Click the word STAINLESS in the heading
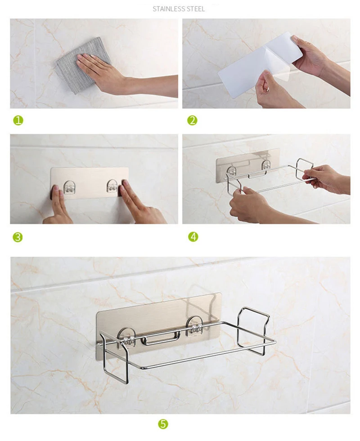click(168, 9)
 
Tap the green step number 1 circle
click(18, 120)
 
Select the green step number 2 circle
click(193, 120)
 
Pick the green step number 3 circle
click(18, 237)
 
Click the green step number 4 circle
click(193, 236)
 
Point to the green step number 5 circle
click(163, 423)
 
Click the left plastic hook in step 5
click(126, 337)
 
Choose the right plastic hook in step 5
click(194, 326)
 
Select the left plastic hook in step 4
click(232, 171)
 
